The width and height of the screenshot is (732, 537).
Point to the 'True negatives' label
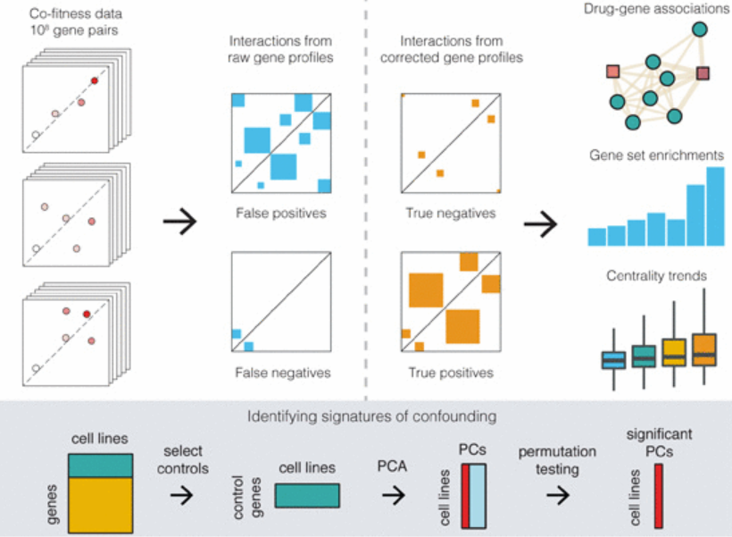(x=450, y=214)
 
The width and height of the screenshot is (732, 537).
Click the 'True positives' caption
(x=450, y=373)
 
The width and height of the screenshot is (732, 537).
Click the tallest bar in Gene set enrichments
(x=715, y=207)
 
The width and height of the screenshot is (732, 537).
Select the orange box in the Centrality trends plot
(x=704, y=348)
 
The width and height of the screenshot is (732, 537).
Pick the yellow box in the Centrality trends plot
(x=674, y=353)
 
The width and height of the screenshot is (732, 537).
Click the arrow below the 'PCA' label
(x=393, y=494)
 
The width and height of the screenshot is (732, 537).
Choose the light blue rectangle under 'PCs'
(x=479, y=494)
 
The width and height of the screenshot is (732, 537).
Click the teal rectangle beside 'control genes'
(x=307, y=496)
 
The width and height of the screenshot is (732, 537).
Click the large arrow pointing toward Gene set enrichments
(x=540, y=224)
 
